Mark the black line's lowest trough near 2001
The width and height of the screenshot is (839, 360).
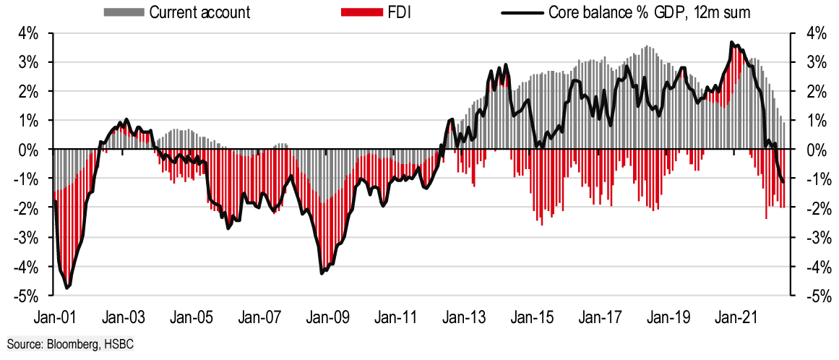(68, 288)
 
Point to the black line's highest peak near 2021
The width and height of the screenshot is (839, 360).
(732, 43)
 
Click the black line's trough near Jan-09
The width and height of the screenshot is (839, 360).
(322, 273)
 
